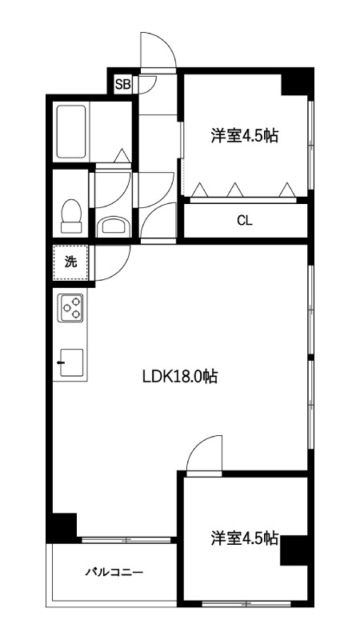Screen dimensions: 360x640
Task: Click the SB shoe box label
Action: [122, 85]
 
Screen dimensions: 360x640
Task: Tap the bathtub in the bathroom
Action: [71, 132]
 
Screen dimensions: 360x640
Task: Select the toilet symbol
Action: [71, 216]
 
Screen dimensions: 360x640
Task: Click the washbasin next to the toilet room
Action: [114, 226]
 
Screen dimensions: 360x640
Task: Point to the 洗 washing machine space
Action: [70, 262]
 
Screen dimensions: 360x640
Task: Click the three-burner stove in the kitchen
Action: [71, 308]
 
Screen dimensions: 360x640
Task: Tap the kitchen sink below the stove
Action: [71, 362]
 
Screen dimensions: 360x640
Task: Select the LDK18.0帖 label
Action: [179, 376]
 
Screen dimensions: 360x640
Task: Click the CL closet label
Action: [245, 221]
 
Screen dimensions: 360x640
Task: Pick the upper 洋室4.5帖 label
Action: [245, 135]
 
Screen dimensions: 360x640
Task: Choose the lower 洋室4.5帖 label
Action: [245, 538]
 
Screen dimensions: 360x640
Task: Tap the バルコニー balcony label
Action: [114, 572]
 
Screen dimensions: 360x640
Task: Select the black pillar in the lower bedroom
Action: [294, 550]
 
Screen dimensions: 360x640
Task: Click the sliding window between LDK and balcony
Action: [126, 540]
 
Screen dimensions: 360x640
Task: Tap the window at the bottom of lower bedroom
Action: [246, 603]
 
